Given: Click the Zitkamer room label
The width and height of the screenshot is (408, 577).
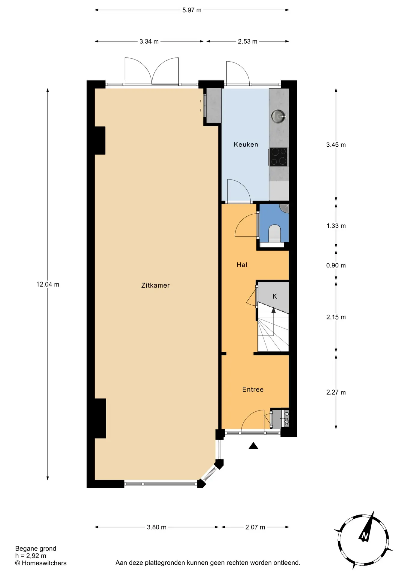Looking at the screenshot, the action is point(155,285).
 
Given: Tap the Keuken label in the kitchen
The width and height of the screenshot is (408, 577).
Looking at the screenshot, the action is point(246,144).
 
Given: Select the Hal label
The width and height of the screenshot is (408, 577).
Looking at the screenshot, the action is point(242,264).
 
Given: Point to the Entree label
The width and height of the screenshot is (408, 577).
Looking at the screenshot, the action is point(253,389).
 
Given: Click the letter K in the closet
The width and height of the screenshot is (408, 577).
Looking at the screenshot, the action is point(275,296).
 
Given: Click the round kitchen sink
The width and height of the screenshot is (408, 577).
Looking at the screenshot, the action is point(278,116).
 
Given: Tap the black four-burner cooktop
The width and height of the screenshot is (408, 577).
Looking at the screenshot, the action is point(278,157).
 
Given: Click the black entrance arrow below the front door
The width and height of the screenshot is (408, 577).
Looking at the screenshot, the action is point(253,446).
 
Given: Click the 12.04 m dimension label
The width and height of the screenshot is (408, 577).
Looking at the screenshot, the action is point(48,284).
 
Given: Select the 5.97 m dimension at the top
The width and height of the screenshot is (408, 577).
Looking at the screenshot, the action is point(192,10).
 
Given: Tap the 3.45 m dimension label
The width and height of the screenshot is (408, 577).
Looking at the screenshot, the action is point(336,145).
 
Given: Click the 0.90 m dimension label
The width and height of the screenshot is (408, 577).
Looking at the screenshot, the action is point(336,265).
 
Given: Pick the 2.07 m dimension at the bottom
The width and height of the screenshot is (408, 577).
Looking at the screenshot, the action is point(255,527).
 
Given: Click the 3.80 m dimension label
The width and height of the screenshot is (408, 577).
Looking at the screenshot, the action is point(157,527).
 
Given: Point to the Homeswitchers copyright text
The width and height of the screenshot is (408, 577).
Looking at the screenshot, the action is point(41,563).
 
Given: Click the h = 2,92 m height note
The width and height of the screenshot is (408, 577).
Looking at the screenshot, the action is point(31,556).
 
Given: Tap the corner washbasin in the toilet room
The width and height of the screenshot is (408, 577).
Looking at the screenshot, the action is point(284,208).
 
